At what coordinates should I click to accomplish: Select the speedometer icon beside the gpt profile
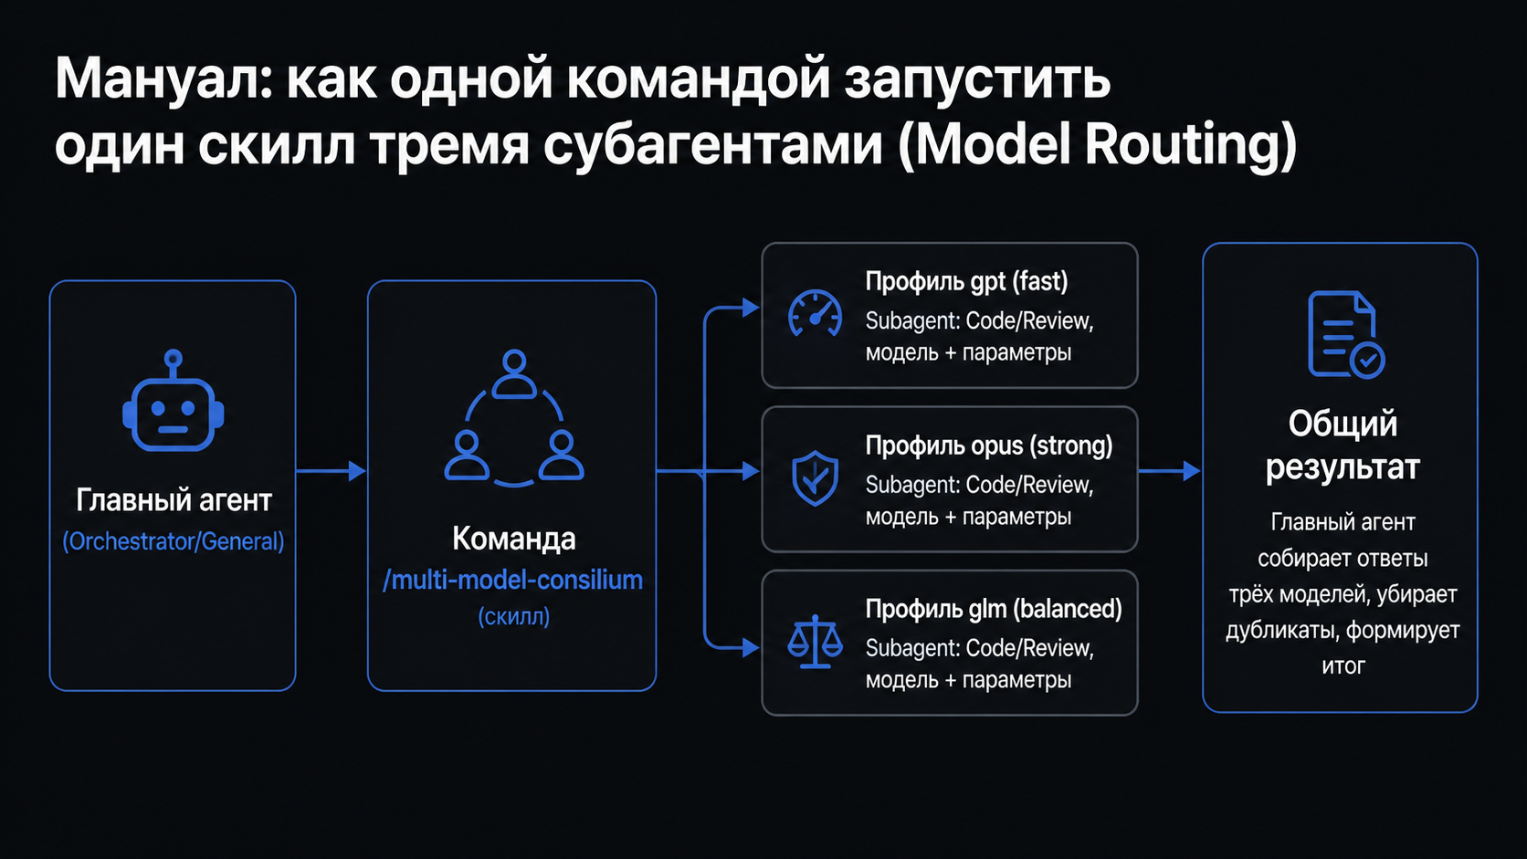[x=815, y=314]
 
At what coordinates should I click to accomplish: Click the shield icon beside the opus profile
[x=815, y=478]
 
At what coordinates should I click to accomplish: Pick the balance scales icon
[x=815, y=642]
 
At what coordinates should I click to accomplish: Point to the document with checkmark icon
[x=1345, y=334]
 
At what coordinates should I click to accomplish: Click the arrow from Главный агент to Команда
[x=332, y=471]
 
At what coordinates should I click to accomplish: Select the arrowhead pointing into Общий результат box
[x=1193, y=471]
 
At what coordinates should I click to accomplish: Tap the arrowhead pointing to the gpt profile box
[x=752, y=308]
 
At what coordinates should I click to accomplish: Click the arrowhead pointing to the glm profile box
[x=752, y=647]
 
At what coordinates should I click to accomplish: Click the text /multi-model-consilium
[x=512, y=581]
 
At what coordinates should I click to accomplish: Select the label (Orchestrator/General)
[x=174, y=541]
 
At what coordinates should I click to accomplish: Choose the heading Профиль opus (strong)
[x=989, y=446]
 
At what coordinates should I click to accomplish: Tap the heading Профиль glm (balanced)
[x=994, y=609]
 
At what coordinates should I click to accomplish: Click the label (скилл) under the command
[x=513, y=617]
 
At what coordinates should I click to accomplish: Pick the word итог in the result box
[x=1343, y=665]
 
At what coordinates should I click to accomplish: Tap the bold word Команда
[x=514, y=539]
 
